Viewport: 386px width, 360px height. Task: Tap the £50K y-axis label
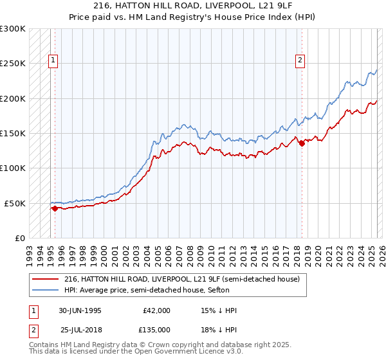pos(15,203)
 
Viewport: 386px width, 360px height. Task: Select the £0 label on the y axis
pos(19,238)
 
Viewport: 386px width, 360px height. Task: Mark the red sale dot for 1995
pos(55,208)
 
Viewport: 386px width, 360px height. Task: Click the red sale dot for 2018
pos(302,143)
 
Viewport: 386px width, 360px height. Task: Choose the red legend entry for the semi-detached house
pos(182,280)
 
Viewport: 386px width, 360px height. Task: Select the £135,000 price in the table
pos(156,329)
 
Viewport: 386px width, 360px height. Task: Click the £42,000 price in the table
pos(156,310)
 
